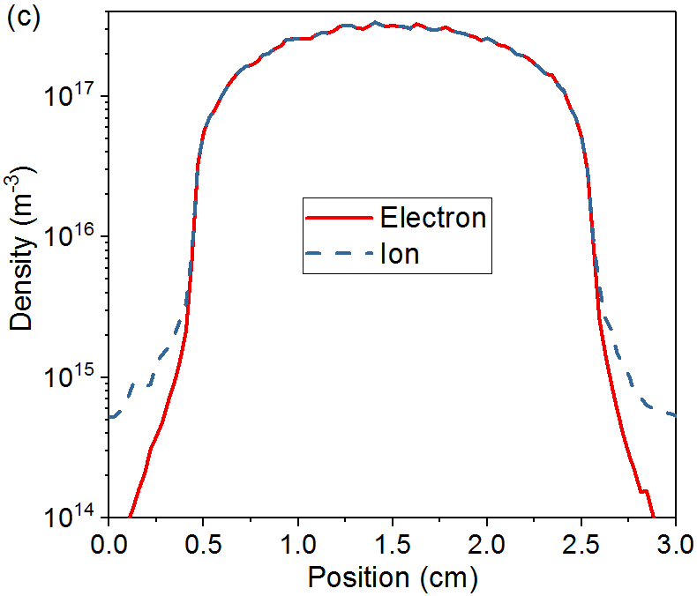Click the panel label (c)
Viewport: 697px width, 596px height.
click(23, 19)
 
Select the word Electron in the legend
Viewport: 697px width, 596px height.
click(433, 217)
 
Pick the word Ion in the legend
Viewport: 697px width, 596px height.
click(400, 255)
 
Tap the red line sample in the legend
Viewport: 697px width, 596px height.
click(338, 218)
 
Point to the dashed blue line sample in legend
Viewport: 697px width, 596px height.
click(338, 255)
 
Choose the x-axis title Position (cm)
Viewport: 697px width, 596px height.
click(392, 577)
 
